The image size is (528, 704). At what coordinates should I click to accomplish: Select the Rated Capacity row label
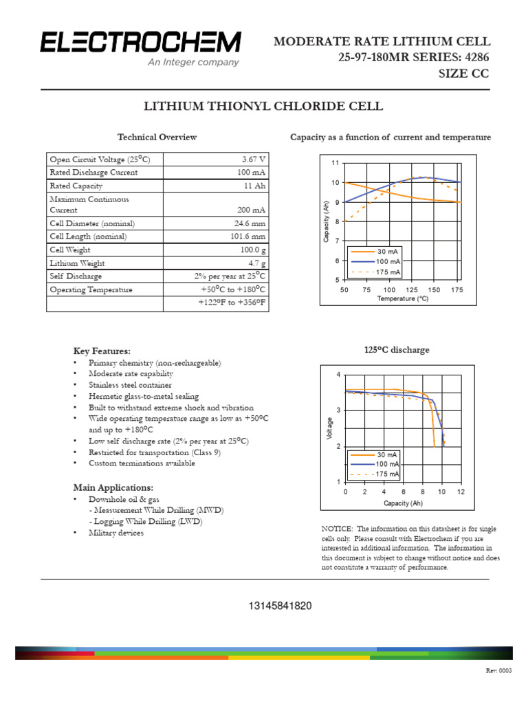point(76,186)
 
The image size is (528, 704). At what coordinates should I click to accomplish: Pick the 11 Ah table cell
point(255,186)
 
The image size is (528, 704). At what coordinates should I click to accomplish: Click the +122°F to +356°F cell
point(232,302)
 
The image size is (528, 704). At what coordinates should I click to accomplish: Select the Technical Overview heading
point(157,137)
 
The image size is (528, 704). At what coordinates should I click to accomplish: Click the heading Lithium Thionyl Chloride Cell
point(262,107)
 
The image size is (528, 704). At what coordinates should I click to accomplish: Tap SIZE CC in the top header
point(464,74)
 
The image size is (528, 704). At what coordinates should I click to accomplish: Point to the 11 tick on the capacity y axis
point(335,163)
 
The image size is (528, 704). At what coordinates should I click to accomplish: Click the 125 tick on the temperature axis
point(412,290)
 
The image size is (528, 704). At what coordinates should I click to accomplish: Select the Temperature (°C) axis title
point(402,299)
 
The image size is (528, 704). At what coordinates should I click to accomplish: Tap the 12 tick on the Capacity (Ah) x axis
point(461,492)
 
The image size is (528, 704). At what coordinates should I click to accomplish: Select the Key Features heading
point(102,351)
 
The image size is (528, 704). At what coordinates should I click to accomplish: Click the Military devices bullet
point(116,533)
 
